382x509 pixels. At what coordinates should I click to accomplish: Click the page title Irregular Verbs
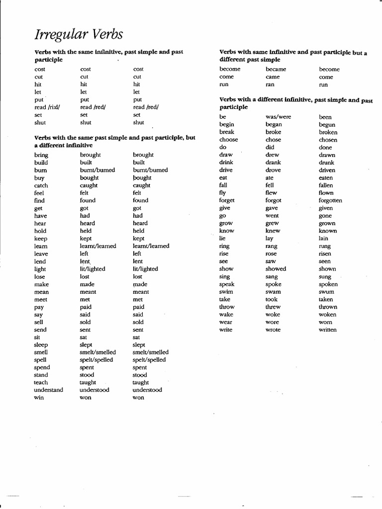pos(79,34)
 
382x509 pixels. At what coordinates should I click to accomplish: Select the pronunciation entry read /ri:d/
pos(47,107)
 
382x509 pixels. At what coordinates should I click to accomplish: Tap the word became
pos(276,70)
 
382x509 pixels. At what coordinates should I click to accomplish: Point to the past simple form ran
pos(270,85)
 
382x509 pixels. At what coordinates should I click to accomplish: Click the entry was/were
pos(278,117)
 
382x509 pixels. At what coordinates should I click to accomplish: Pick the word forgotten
pos(330,201)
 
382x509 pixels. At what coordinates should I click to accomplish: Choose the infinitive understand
pos(48,390)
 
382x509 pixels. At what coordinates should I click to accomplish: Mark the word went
pos(272,216)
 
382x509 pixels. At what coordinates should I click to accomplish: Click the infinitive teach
pos(41,383)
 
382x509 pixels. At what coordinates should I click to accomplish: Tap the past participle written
pos(327,330)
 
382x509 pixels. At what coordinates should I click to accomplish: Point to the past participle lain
pos(323,239)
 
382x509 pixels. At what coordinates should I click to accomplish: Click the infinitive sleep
pos(41,345)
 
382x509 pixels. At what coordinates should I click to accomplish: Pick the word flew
pos(271,193)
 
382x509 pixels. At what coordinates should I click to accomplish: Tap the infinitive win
pos(39,398)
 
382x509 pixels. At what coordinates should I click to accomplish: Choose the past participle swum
pos(326,292)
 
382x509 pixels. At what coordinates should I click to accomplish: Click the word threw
pos(273,307)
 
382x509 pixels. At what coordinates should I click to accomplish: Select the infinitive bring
pos(41,155)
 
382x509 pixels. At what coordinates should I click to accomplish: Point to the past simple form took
pos(272,300)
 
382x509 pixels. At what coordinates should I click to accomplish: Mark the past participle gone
pos(325,216)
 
